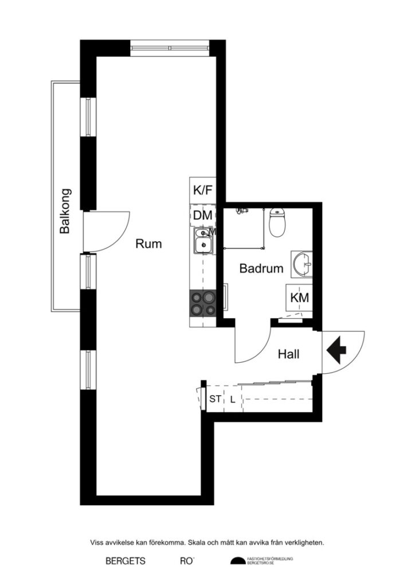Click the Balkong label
tap(65, 211)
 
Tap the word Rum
tap(148, 243)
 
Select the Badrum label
tap(261, 268)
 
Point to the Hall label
tap(288, 354)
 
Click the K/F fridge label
tap(203, 191)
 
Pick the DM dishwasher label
tap(202, 215)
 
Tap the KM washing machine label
tap(300, 298)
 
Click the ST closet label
tap(215, 399)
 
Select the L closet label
tap(232, 399)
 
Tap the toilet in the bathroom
tap(277, 223)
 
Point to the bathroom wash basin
tap(302, 265)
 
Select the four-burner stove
tap(203, 303)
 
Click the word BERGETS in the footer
tap(126, 561)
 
